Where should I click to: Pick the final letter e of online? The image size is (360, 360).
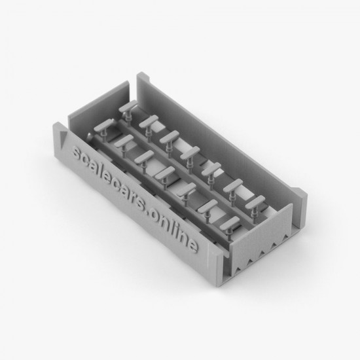point(192,245)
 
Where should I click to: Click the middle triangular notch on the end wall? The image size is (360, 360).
point(262,253)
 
